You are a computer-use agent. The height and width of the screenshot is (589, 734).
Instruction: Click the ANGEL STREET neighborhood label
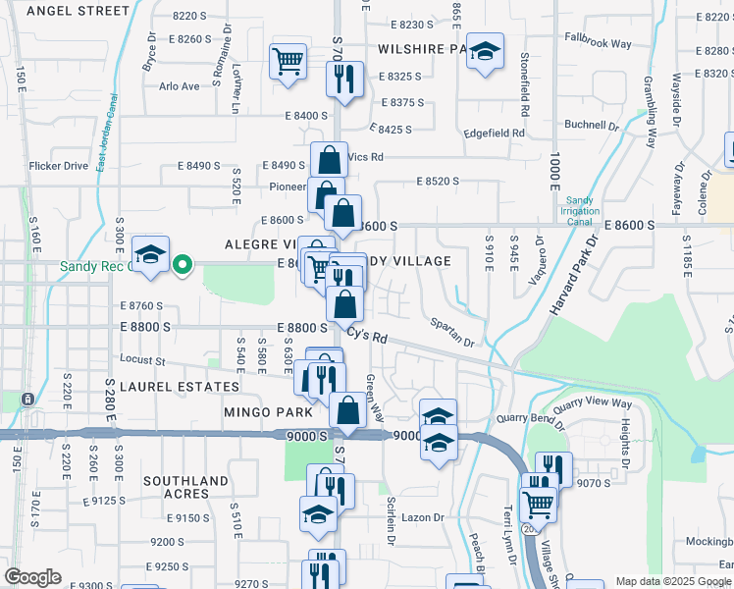(78, 11)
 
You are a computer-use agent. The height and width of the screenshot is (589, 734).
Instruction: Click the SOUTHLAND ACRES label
(186, 487)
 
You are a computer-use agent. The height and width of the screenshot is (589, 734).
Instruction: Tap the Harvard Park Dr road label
(574, 279)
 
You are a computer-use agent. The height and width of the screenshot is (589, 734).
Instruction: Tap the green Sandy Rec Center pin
(183, 264)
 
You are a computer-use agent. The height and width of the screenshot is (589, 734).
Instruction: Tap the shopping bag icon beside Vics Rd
(330, 160)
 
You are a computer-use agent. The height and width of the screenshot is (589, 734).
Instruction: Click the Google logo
(32, 577)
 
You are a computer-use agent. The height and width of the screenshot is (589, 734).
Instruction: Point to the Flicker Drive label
(59, 166)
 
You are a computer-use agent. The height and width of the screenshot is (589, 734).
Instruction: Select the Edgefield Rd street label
(495, 133)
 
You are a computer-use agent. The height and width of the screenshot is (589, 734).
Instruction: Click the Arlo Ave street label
(179, 86)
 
